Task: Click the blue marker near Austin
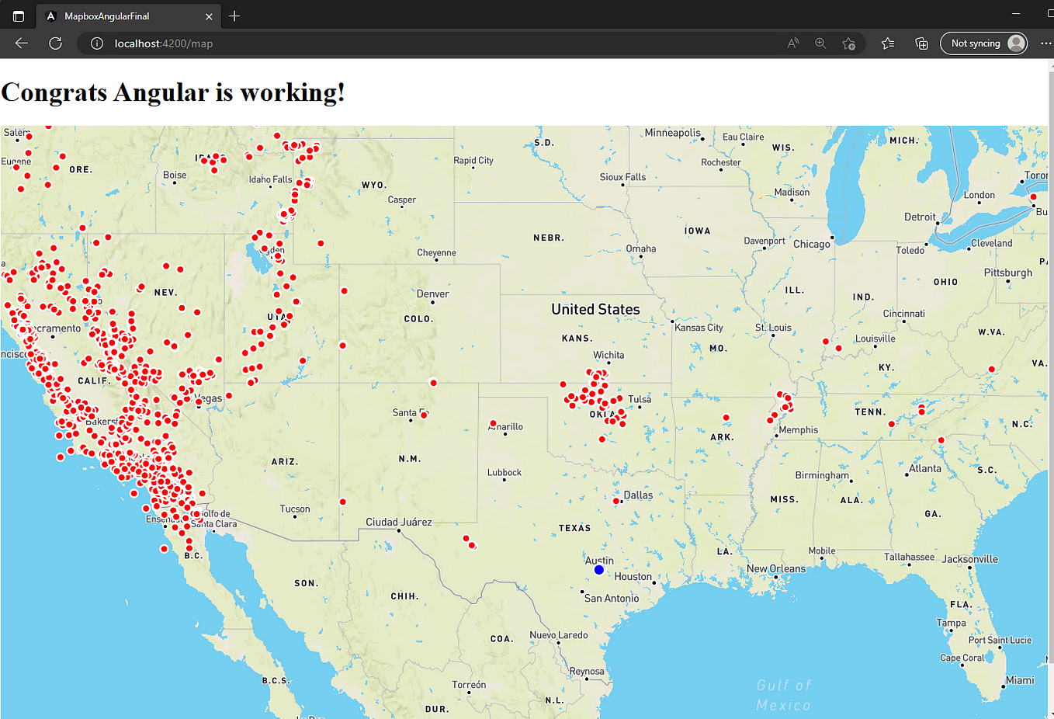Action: (x=598, y=570)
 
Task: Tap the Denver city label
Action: (x=432, y=294)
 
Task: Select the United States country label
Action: (x=595, y=309)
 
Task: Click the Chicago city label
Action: (x=811, y=244)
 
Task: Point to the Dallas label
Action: (x=638, y=495)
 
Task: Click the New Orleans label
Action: (x=776, y=568)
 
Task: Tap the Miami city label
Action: (x=1020, y=680)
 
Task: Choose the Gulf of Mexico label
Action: (x=783, y=695)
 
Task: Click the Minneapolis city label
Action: (x=672, y=133)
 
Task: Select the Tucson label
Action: (x=295, y=509)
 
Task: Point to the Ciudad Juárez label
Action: (x=399, y=522)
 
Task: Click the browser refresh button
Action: (x=55, y=43)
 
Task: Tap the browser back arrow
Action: (x=22, y=43)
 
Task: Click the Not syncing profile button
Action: (x=983, y=43)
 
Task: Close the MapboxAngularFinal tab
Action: (x=209, y=16)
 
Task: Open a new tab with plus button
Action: (x=234, y=16)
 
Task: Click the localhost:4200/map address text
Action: (x=164, y=43)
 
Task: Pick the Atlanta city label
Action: (x=925, y=468)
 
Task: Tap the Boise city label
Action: (x=175, y=175)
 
